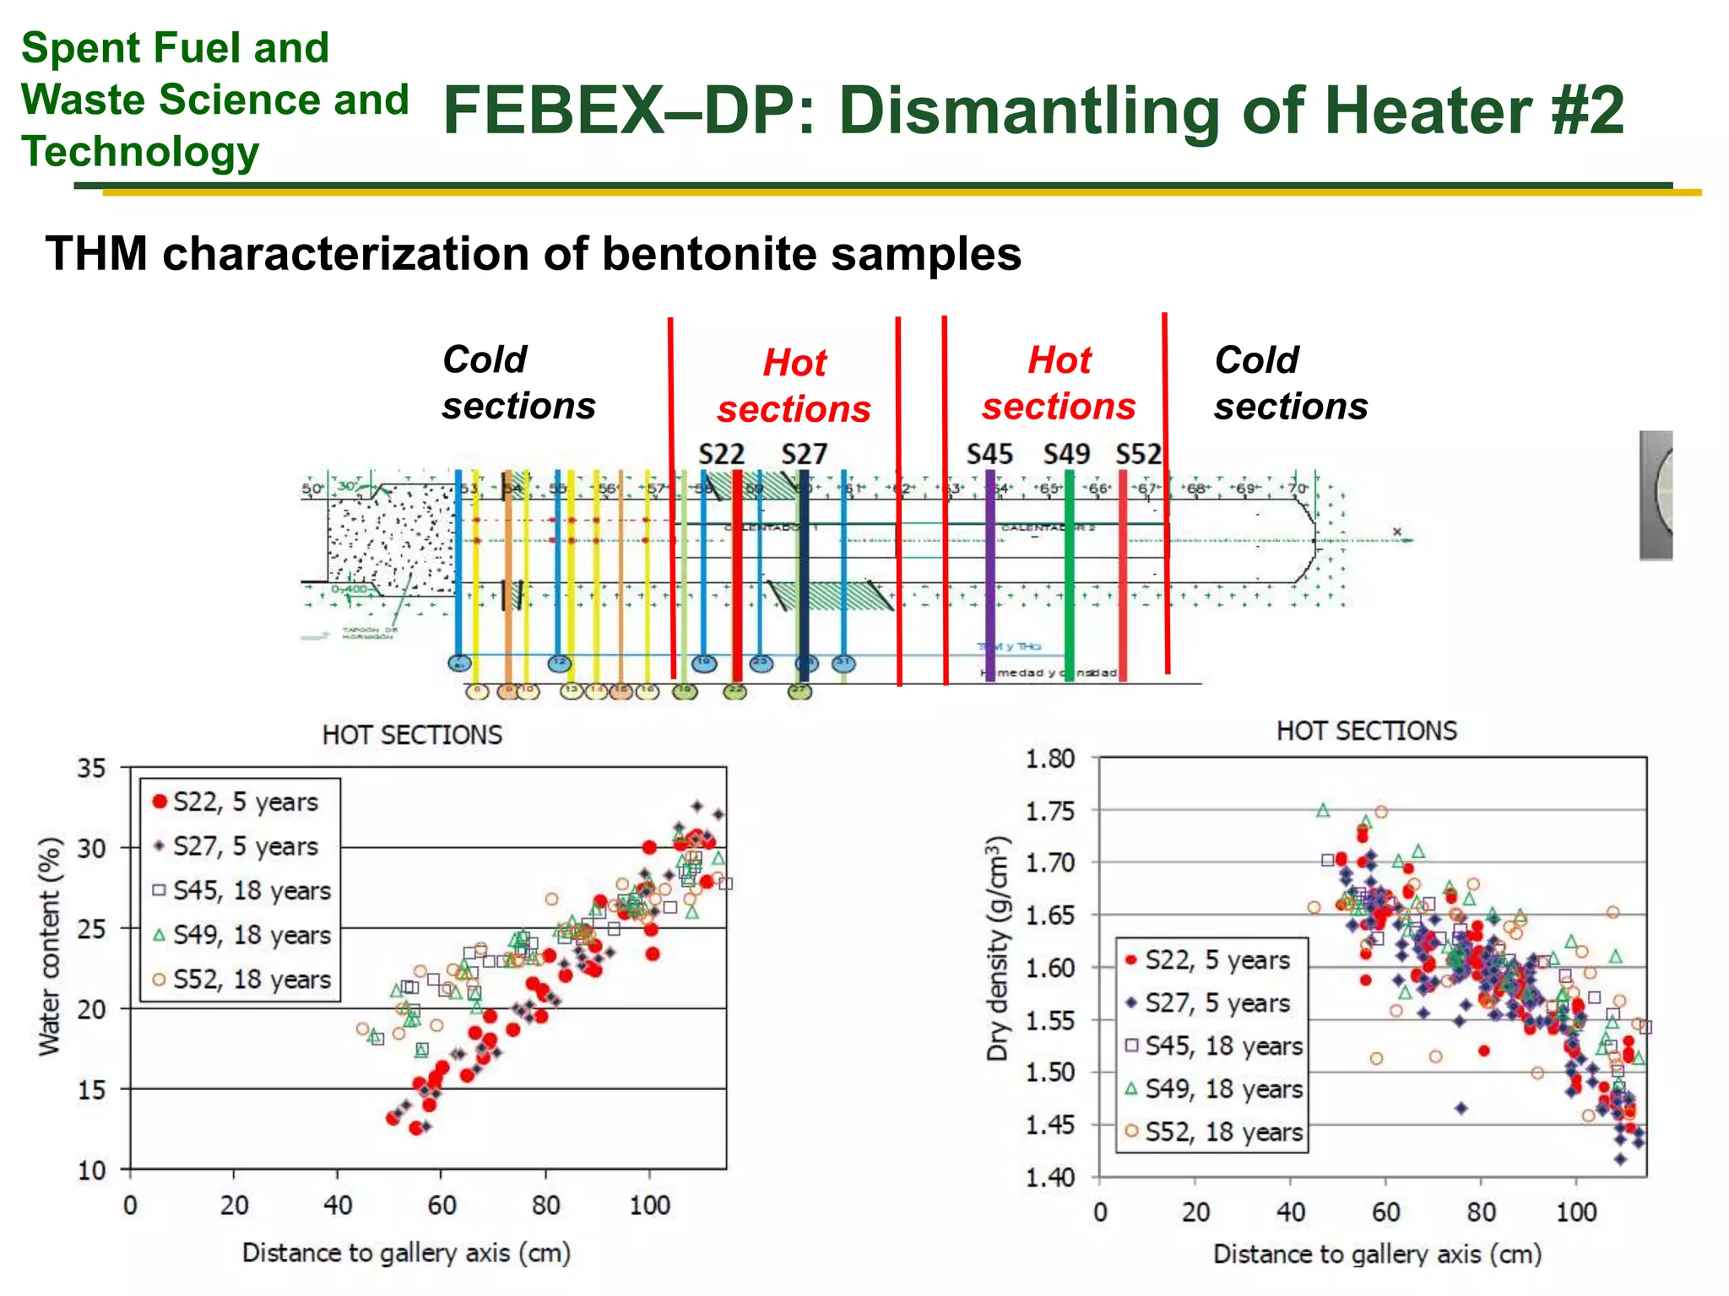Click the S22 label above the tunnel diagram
[x=721, y=455]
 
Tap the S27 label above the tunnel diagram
[x=804, y=455]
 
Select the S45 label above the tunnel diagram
[x=989, y=455]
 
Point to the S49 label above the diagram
[x=1067, y=455]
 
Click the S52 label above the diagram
[x=1139, y=455]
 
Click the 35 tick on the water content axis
[x=92, y=769]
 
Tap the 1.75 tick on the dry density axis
[x=1050, y=812]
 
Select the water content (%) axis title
[x=50, y=946]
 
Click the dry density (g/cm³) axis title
[x=998, y=948]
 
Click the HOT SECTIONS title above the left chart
[x=412, y=735]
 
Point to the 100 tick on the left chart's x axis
[x=649, y=1205]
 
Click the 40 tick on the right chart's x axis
[x=1291, y=1212]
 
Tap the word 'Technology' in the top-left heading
[x=140, y=152]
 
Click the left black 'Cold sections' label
[x=518, y=383]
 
